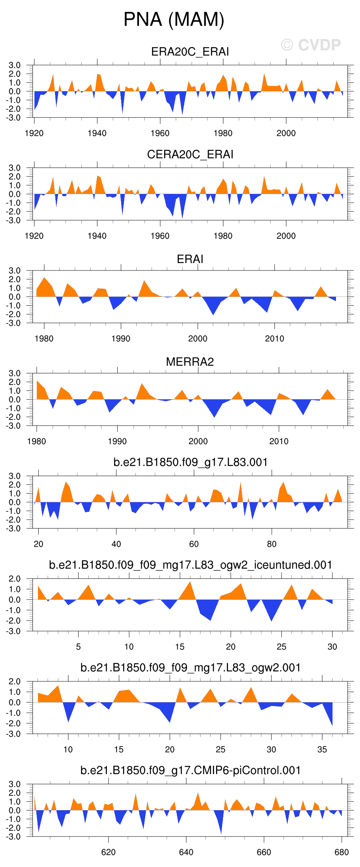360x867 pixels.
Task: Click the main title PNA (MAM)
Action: coord(174,19)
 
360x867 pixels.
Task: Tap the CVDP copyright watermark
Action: coord(311,45)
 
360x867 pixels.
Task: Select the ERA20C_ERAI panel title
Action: coord(190,52)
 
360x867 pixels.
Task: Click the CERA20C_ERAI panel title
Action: coord(190,154)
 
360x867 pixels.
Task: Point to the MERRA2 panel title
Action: coord(190,362)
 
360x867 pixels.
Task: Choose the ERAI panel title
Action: coord(190,259)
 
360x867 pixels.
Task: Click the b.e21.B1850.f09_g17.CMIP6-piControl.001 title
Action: coord(190,770)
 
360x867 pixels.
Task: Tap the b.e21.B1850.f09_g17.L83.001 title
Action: coord(190,462)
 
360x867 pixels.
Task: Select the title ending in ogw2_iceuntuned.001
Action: coord(190,565)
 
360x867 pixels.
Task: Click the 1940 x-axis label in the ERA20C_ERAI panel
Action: coord(97,133)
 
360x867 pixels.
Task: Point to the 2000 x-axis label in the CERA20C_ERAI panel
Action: coord(286,236)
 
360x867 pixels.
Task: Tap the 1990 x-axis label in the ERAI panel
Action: coord(121,339)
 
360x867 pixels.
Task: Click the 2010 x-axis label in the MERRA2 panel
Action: coord(279,441)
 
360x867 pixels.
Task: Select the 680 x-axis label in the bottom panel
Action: coord(341,852)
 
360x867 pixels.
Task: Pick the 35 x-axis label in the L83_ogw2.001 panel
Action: coord(322,749)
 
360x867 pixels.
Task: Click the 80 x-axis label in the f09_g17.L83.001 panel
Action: coord(272,544)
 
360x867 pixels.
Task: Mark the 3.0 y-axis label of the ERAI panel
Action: coord(15,270)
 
